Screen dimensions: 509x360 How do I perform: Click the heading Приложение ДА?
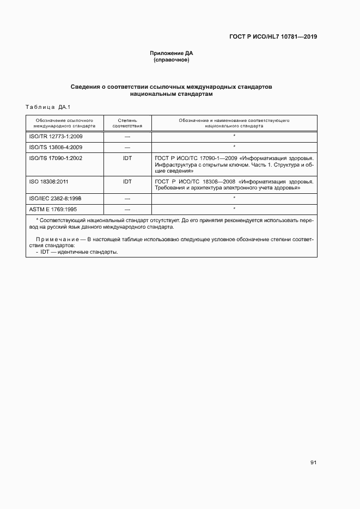(172, 53)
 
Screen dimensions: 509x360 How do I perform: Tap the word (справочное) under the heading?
(172, 60)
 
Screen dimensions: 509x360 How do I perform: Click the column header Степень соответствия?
(127, 122)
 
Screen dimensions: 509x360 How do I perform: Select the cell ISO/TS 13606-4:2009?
(56, 147)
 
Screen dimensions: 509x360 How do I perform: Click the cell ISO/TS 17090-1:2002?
(56, 158)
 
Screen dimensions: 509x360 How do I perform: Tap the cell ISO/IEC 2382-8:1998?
(56, 198)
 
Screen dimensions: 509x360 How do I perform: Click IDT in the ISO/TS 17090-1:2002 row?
(127, 158)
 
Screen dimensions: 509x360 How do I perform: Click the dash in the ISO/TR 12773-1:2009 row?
(127, 136)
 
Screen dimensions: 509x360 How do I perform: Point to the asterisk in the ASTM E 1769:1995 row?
(234, 208)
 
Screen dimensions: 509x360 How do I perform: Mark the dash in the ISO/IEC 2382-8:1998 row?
(127, 198)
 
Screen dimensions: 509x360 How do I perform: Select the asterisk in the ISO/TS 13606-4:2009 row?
(234, 146)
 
